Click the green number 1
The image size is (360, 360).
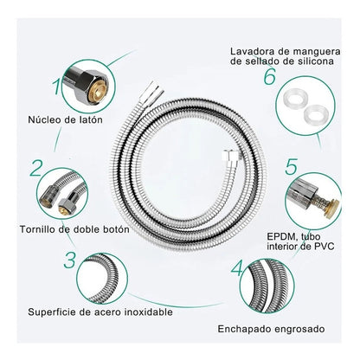[x=57, y=87]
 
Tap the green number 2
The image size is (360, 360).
[x=36, y=168]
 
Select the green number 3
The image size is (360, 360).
[x=70, y=260]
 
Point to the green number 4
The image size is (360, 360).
[x=237, y=268]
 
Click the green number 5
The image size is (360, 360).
[x=291, y=167]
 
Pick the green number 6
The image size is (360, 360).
[x=270, y=77]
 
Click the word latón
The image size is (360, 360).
[x=91, y=119]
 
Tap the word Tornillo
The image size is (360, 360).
[x=39, y=229]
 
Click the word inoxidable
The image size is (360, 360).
[x=149, y=312]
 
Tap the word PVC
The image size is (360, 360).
[x=324, y=247]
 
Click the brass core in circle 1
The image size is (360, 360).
[x=97, y=93]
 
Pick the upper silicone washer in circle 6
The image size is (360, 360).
[x=294, y=99]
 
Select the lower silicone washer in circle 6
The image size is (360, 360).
[x=315, y=113]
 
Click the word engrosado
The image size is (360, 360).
[x=299, y=330]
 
